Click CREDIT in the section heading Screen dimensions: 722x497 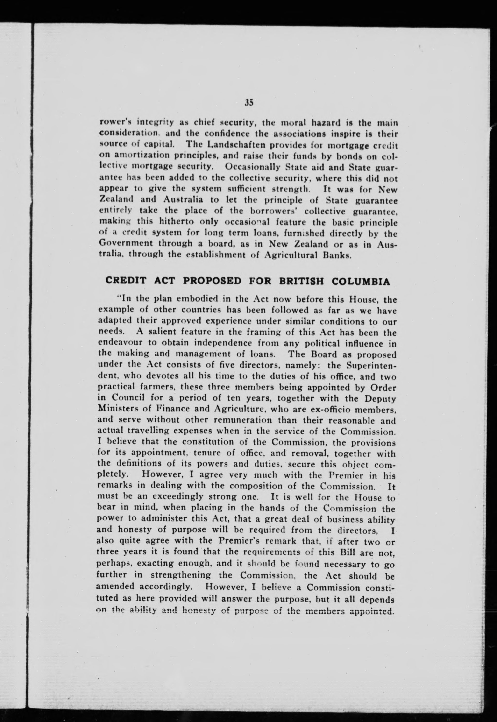coord(126,281)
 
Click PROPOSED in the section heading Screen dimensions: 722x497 coord(212,281)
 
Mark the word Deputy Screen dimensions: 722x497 coord(380,399)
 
